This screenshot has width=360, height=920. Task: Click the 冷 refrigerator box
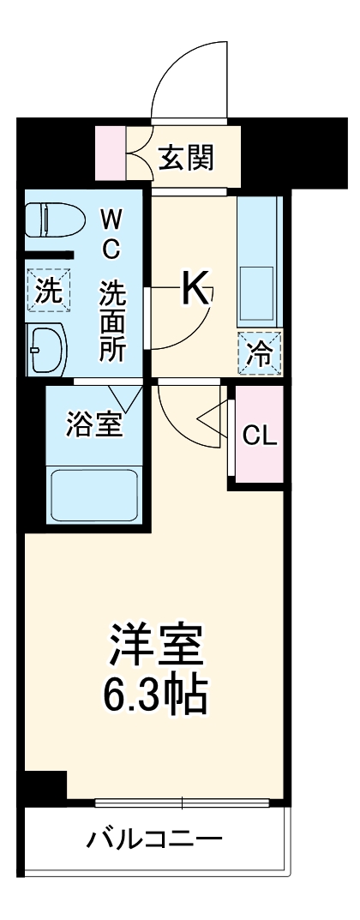pos(259,352)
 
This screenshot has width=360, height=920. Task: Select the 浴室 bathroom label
pos(93,424)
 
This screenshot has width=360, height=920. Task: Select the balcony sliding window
pos(182,803)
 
